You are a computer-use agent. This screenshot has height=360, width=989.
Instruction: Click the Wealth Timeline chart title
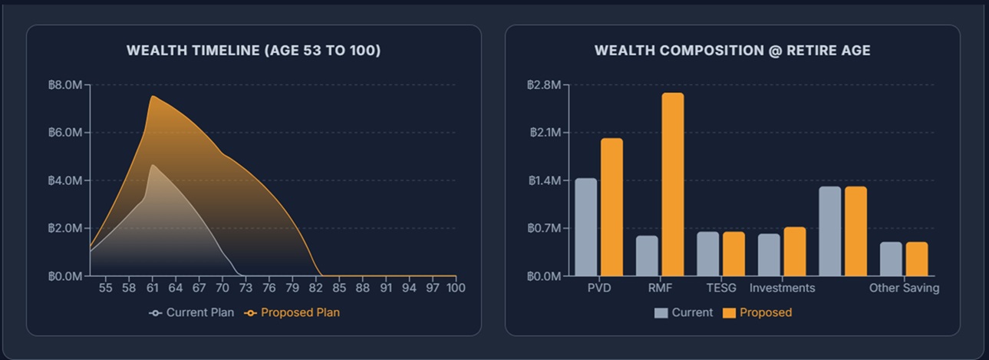pos(253,51)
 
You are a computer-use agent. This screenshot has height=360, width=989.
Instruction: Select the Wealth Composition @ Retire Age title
pos(732,51)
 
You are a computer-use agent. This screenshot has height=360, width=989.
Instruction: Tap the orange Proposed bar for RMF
pos(673,184)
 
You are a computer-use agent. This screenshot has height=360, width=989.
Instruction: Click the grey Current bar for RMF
pos(647,256)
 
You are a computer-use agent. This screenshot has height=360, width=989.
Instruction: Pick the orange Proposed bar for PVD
pos(612,206)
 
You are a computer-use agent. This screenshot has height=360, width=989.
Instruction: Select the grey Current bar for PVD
pos(585,226)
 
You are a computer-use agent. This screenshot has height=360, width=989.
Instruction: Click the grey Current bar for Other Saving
pos(891,259)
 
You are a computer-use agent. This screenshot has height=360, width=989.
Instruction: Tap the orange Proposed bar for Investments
pos(795,251)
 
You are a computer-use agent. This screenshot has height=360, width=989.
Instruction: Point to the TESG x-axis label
pos(721,289)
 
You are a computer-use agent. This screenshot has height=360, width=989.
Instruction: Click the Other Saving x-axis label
pos(904,289)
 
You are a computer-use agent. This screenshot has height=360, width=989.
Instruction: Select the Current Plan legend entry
pos(192,313)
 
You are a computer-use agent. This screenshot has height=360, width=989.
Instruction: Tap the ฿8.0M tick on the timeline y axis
pos(64,85)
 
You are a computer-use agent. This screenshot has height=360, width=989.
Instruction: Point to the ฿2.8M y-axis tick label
pos(543,85)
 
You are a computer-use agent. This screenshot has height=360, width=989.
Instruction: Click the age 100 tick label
pos(456,289)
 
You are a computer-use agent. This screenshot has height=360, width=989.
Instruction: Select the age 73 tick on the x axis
pos(246,289)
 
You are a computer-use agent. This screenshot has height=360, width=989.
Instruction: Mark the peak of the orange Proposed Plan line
pos(153,96)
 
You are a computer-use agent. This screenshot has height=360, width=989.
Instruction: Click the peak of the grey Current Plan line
pos(153,165)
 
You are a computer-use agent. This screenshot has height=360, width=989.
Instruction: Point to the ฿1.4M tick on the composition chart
pos(543,181)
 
